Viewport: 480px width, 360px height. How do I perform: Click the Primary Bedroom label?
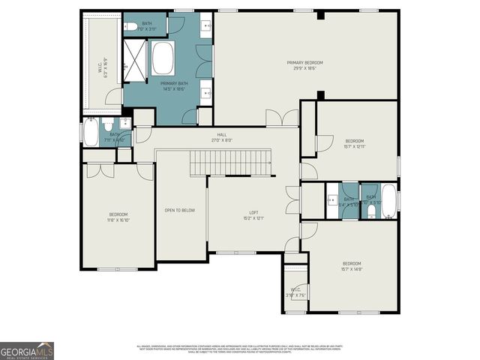tap(304, 64)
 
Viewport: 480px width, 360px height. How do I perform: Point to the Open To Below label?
tap(180, 210)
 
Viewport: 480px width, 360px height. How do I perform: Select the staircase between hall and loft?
tap(229, 161)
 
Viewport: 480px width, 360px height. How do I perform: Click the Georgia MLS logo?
tap(26, 351)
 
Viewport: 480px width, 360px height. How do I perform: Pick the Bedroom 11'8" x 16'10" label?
tap(118, 217)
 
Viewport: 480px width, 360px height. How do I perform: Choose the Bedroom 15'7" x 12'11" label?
tap(354, 144)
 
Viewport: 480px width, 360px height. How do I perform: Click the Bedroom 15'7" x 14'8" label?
tap(352, 266)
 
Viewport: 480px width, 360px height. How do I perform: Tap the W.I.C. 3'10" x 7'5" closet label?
tap(295, 292)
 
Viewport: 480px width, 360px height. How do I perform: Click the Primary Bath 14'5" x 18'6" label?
tap(173, 85)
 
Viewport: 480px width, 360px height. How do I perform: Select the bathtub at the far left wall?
tap(90, 134)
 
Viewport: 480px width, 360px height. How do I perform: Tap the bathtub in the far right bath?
tap(388, 201)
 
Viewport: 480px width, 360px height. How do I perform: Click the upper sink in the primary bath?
tap(206, 28)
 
